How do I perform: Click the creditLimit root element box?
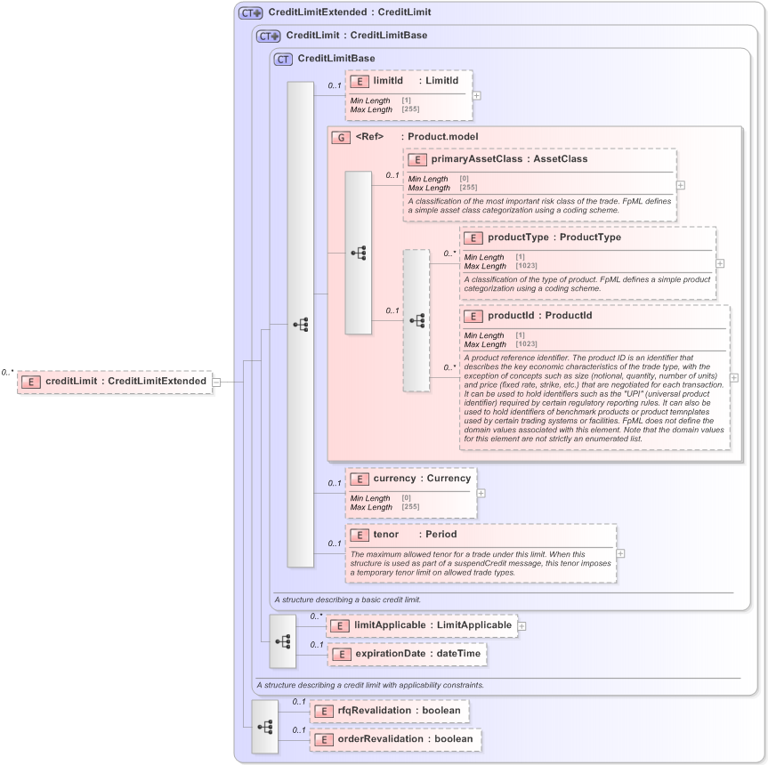114,382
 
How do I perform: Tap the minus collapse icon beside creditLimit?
216,382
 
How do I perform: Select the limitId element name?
388,81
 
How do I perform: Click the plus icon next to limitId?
477,94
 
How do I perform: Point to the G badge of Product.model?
339,137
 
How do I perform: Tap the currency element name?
394,478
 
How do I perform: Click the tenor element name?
385,535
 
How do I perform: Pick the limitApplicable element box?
421,625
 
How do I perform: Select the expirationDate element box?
407,654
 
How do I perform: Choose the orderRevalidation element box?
395,739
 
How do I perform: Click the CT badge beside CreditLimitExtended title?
250,13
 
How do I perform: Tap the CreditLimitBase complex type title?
336,59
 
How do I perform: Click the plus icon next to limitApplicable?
522,626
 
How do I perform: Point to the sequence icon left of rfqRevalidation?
265,726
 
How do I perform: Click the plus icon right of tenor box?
620,553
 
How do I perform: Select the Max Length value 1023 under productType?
526,266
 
